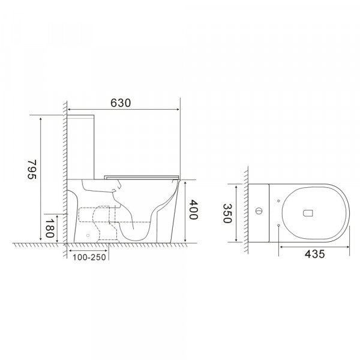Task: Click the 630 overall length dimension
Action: click(120, 103)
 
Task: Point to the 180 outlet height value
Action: click(49, 229)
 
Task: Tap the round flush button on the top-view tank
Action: click(259, 212)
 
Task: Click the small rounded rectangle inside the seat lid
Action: click(309, 212)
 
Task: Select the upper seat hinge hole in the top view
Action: click(280, 199)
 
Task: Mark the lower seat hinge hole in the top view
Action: click(280, 225)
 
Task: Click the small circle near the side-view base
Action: click(88, 236)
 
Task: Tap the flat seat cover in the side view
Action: click(142, 176)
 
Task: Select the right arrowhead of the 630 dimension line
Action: click(178, 110)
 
